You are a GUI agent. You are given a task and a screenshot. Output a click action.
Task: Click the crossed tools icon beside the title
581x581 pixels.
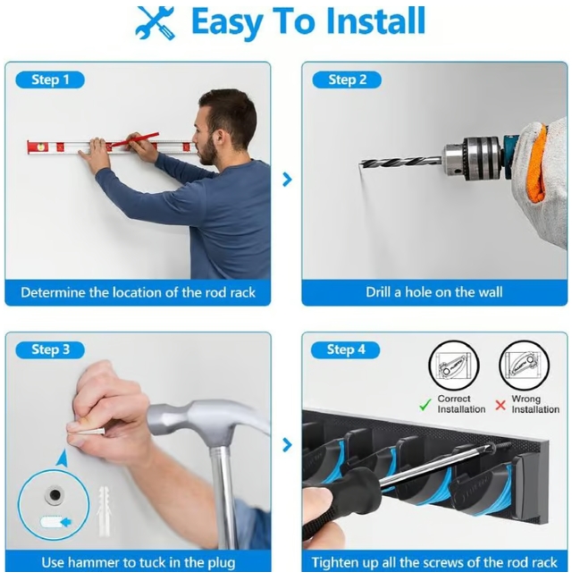tap(156, 22)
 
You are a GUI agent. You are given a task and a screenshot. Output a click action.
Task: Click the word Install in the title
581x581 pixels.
tap(369, 21)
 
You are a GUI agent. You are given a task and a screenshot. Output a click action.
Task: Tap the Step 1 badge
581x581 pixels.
tap(50, 80)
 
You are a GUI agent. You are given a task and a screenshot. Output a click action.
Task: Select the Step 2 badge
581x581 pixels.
tap(347, 80)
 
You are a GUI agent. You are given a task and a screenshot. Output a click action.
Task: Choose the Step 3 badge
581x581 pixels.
tap(50, 349)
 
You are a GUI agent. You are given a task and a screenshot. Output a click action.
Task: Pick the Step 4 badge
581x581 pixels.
tap(347, 349)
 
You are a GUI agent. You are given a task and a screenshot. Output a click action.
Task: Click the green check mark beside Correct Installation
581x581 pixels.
tap(425, 405)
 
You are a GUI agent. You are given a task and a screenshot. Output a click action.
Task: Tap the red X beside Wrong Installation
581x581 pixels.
tap(501, 405)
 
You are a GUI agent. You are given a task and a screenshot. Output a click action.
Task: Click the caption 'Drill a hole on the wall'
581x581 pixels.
tap(434, 292)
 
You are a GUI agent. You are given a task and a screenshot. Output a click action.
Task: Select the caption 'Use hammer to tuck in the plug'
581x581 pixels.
tap(139, 562)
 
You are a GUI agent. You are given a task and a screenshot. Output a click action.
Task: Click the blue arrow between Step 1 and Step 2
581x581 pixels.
tap(287, 180)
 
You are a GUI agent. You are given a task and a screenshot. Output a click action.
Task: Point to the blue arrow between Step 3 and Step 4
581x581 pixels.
tap(287, 444)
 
